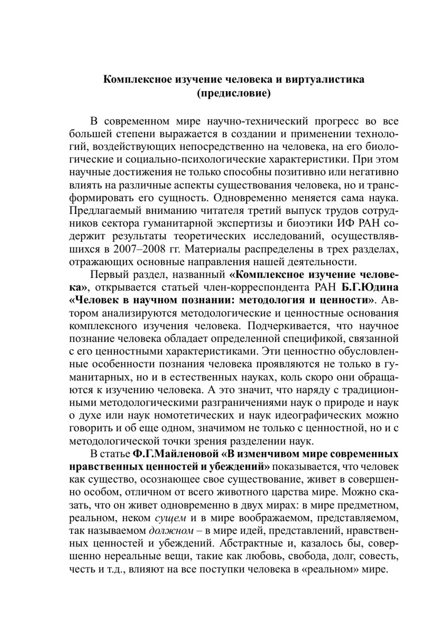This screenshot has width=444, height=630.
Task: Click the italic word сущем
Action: point(170,518)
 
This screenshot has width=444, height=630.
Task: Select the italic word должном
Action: point(171,531)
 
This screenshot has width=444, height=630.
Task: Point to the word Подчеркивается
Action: point(277,326)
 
